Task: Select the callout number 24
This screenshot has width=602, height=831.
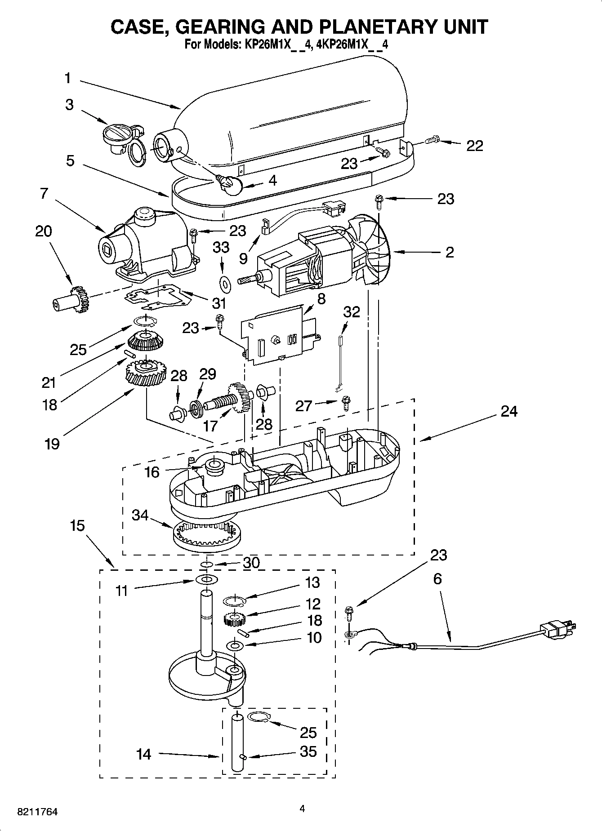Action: click(x=508, y=411)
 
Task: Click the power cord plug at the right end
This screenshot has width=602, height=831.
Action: click(x=558, y=629)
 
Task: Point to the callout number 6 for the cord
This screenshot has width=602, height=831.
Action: click(x=437, y=579)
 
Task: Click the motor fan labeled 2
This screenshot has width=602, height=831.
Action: click(x=374, y=254)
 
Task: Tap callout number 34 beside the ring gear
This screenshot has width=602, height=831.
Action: click(x=140, y=515)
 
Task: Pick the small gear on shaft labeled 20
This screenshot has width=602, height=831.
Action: click(x=80, y=300)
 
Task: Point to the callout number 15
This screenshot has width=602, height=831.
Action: click(x=77, y=525)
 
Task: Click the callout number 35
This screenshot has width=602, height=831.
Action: click(x=308, y=751)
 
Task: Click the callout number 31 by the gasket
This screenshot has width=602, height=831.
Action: click(x=219, y=303)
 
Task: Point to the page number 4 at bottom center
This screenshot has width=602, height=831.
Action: click(x=302, y=809)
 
